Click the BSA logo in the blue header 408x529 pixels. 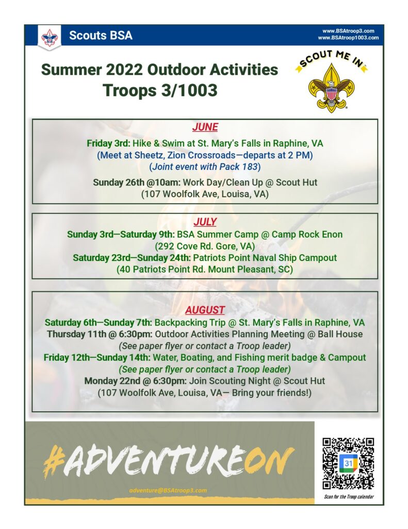tap(50, 37)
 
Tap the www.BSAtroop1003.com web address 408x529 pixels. tap(348, 38)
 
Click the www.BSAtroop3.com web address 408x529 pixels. tap(348, 31)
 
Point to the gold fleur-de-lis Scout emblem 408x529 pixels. tap(331, 88)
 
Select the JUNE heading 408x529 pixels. tap(205, 127)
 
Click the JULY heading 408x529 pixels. tap(205, 222)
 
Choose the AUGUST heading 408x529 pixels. tap(205, 310)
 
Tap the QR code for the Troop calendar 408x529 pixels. tap(348, 463)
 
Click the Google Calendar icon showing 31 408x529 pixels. tap(348, 463)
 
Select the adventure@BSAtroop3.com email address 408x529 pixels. tap(168, 490)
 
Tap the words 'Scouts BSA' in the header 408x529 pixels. tap(101, 36)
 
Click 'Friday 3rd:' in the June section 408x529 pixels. tap(108, 144)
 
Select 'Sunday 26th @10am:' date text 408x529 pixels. tap(137, 182)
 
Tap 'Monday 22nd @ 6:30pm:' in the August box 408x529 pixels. tap(135, 381)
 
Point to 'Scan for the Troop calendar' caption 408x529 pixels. tap(349, 496)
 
